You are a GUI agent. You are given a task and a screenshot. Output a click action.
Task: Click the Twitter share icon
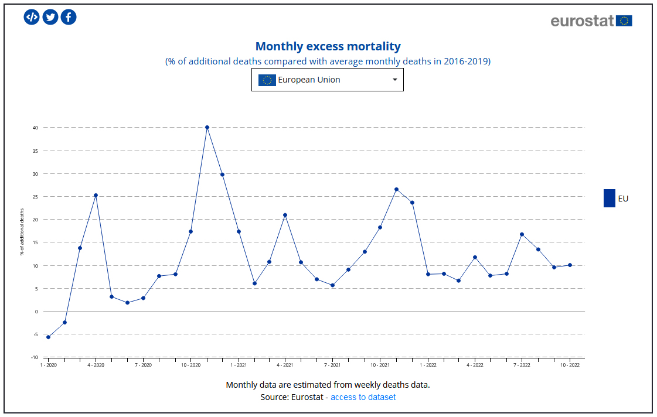pos(50,17)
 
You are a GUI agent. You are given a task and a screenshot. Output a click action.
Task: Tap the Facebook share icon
pos(69,17)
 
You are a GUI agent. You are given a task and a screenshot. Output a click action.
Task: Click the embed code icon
pos(32,17)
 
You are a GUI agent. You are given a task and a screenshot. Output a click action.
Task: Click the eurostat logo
pos(591,21)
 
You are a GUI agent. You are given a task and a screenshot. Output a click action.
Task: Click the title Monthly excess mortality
pos(328,46)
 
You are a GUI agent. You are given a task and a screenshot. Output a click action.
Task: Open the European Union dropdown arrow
pos(394,80)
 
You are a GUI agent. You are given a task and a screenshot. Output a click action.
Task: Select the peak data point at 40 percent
pos(207,127)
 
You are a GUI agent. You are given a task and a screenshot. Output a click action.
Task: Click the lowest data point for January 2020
pos(48,337)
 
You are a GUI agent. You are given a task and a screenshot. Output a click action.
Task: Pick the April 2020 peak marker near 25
pos(96,195)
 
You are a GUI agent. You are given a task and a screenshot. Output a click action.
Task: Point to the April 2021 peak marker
pos(285,215)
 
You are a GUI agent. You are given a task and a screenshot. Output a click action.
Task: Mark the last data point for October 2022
pos(570,265)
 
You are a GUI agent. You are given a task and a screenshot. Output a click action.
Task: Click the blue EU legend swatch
pos(609,198)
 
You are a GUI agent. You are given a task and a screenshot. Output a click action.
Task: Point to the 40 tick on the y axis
pos(35,128)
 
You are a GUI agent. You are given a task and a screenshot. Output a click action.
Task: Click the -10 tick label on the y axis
pos(35,357)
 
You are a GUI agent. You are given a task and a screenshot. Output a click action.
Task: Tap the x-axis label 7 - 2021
pos(332,365)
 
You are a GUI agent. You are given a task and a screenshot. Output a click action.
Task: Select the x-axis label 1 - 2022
pos(427,365)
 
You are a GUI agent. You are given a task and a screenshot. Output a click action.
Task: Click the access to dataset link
pos(363,397)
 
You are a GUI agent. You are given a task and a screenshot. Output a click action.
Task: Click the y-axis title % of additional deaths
pos(22,232)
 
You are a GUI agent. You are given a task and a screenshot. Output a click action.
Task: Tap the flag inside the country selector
pos(267,80)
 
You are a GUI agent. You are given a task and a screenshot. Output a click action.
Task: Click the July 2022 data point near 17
pos(522,234)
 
